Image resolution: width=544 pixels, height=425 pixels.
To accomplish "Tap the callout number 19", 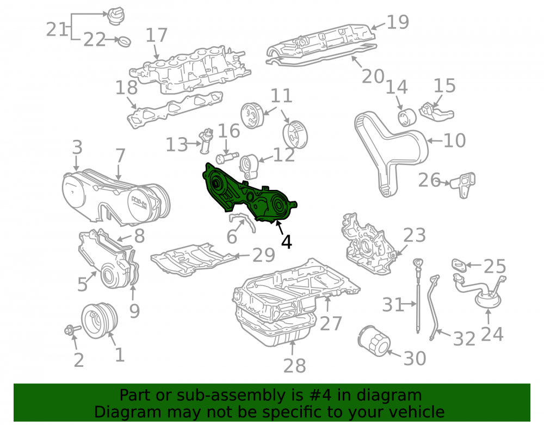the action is [398, 22].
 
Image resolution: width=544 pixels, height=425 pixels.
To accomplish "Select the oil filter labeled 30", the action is [374, 341].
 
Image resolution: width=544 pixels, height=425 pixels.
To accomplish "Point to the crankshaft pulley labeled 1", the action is [100, 320].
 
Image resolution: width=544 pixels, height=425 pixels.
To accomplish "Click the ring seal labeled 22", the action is [125, 41].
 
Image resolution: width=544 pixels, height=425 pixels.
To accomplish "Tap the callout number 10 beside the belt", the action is [454, 140].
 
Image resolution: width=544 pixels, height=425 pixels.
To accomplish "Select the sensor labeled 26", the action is [463, 184].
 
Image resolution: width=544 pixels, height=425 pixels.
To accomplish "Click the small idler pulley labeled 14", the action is [406, 117].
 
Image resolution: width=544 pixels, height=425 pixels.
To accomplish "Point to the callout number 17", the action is [157, 35].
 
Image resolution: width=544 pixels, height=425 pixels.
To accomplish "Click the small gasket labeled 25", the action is [460, 266].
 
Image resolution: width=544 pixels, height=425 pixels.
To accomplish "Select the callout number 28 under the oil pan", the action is [294, 365].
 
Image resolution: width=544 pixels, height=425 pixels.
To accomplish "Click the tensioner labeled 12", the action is [250, 167].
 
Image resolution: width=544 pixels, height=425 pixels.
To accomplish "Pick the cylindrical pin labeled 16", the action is [227, 158].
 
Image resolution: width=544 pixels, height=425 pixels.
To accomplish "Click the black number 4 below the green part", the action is [287, 242].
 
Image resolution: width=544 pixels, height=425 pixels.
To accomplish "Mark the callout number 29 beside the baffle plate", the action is [264, 255].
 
